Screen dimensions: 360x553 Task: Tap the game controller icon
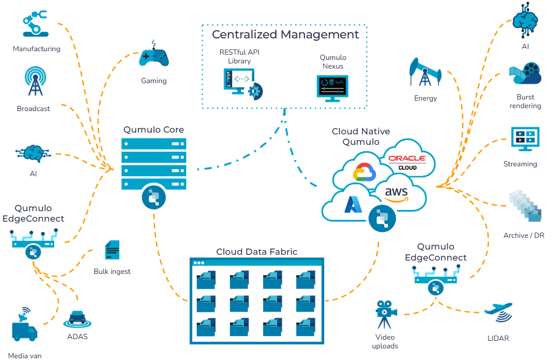point(154,58)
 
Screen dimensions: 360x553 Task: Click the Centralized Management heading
point(285,34)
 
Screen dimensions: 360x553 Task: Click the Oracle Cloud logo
point(407,162)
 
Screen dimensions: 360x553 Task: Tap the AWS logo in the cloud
point(396,194)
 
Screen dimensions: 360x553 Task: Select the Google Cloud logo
point(365,173)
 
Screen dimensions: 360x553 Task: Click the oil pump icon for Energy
point(426,73)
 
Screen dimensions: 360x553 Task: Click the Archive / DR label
point(524,236)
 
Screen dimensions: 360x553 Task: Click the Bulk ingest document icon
point(112,250)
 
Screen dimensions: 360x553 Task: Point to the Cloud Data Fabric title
point(257,252)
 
